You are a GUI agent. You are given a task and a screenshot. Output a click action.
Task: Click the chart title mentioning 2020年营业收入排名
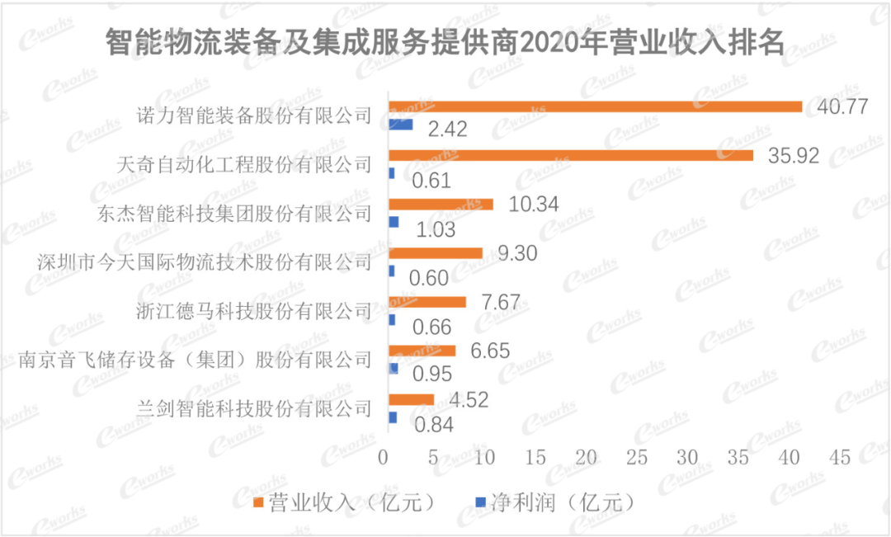coord(445,42)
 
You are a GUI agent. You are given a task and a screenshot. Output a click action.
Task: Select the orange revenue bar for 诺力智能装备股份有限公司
coord(595,106)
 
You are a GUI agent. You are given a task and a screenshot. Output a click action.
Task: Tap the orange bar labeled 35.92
coord(570,155)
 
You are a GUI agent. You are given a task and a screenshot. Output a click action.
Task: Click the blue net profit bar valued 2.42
coord(400,125)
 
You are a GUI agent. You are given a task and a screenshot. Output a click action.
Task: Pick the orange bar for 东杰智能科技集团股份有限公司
coord(441,204)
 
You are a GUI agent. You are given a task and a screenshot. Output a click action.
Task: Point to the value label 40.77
coord(841,106)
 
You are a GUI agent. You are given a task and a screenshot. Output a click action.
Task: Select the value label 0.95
coord(432,374)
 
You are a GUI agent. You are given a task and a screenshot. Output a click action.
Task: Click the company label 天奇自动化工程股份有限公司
coord(246,164)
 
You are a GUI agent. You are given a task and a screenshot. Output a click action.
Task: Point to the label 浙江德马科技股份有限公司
coord(254,311)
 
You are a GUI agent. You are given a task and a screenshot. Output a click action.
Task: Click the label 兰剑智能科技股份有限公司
coord(254,408)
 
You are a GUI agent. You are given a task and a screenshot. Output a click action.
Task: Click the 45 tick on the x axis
coord(841,457)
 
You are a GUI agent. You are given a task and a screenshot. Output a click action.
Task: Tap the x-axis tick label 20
coord(587,457)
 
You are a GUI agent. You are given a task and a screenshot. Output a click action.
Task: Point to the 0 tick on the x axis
coord(384,457)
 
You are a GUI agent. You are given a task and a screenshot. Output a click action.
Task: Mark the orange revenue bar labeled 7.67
coord(427,302)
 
